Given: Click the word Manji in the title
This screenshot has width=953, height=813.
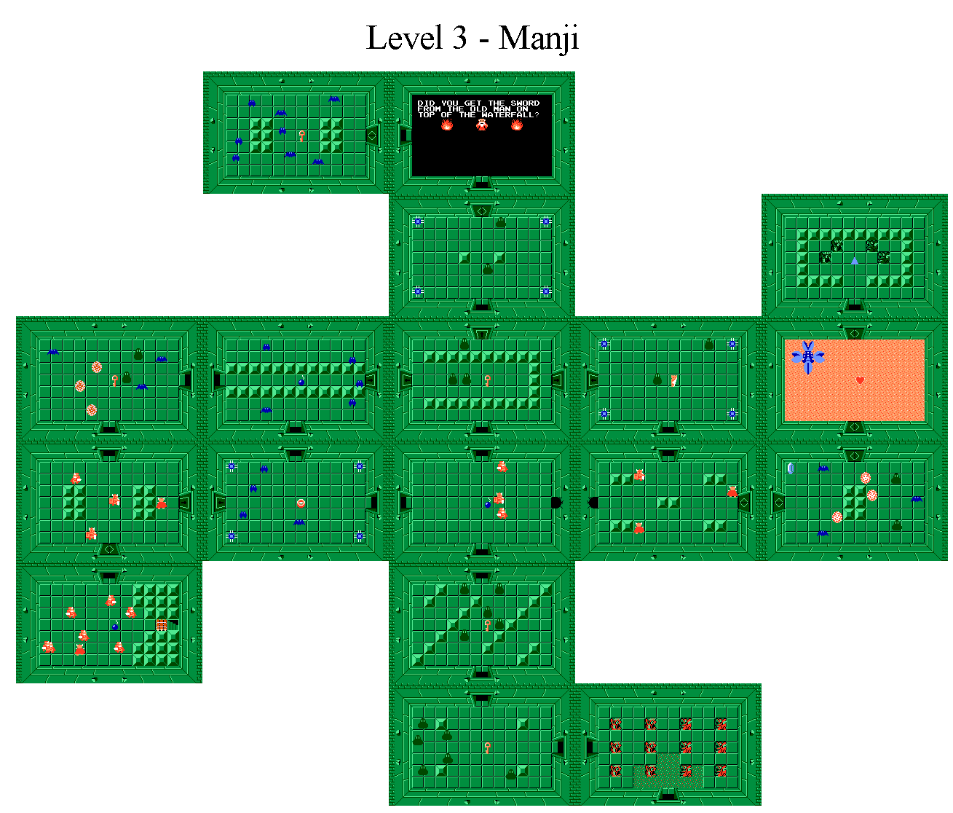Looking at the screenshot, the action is click(539, 38).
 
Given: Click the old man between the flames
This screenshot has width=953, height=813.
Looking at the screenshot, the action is click(482, 125).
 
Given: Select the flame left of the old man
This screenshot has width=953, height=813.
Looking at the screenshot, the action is click(447, 125).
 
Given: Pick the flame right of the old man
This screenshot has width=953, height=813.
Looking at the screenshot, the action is click(517, 125).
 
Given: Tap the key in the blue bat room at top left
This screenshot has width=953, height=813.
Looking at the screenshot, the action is click(301, 135).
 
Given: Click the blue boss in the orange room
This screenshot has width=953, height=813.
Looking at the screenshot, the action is click(807, 357).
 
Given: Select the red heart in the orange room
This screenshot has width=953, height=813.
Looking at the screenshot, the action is click(860, 380).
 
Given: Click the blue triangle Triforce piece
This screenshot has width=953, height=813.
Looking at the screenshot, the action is click(855, 261).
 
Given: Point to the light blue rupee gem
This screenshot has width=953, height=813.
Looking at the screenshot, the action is click(791, 468).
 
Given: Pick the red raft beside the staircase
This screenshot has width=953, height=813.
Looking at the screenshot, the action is click(162, 624).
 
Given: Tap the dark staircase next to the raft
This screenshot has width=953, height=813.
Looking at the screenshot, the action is click(173, 624).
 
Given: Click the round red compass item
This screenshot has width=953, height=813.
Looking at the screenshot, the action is click(301, 503).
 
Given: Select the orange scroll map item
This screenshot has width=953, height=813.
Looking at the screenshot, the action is click(674, 380).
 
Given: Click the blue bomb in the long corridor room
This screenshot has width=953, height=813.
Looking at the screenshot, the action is click(301, 382).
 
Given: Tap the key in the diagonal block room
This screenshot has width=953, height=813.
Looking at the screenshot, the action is click(488, 626).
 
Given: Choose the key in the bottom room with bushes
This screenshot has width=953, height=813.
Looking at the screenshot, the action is click(488, 747).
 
